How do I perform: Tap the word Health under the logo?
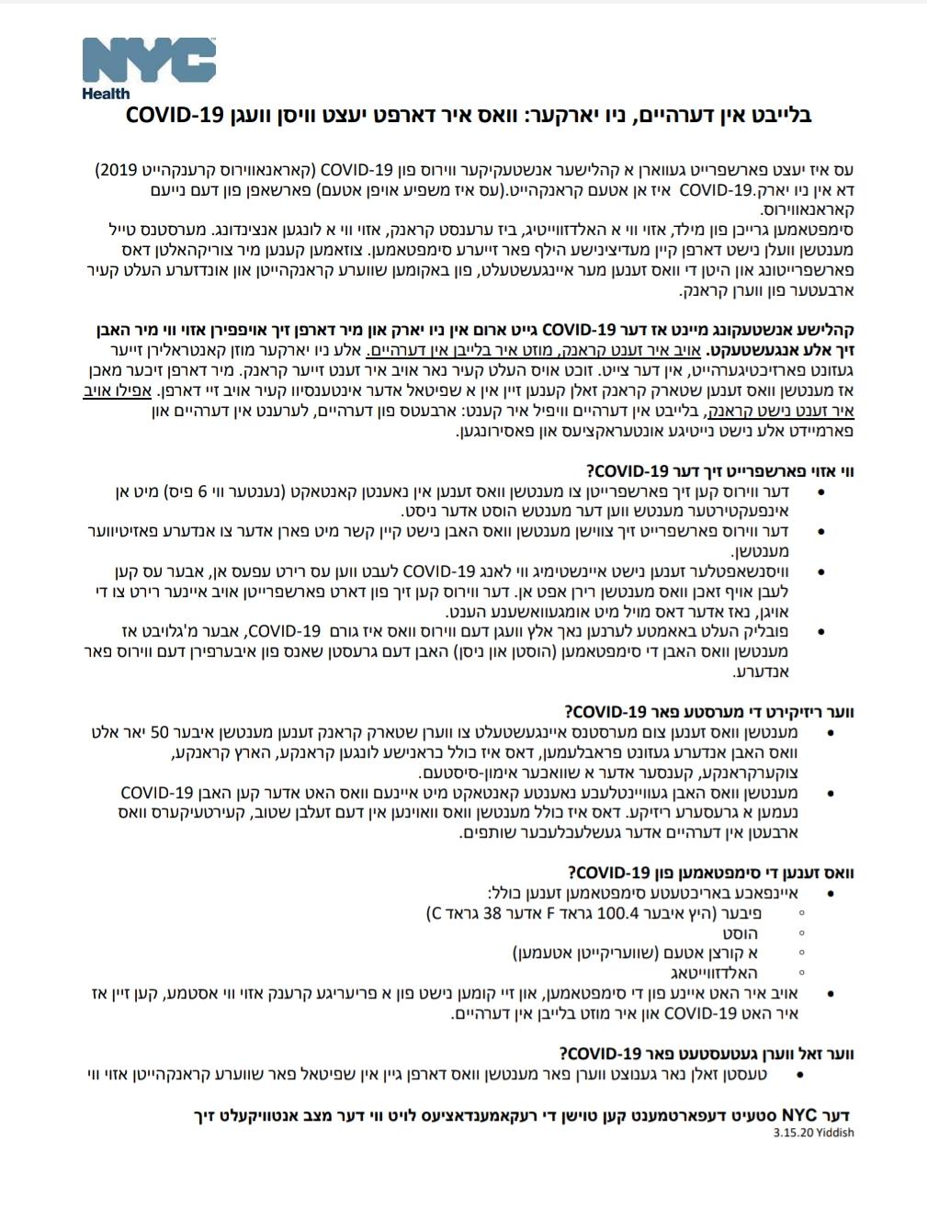point(106,93)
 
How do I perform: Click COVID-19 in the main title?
point(174,117)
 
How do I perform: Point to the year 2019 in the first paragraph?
point(114,171)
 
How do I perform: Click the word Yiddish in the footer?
point(832,1133)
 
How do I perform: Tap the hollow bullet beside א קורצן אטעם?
point(802,954)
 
